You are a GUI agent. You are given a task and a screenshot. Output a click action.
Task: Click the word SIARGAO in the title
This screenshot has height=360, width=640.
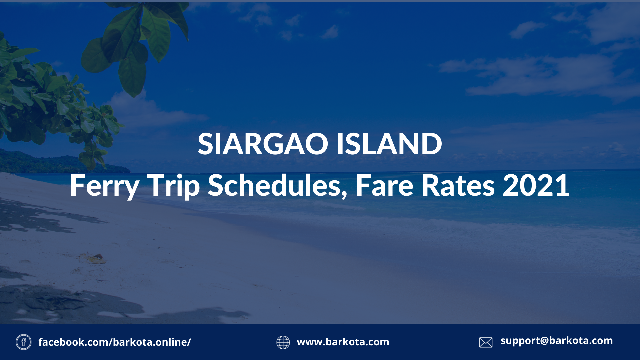[263, 144]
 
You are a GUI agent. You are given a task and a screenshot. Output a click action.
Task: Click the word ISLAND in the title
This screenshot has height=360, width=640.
[389, 144]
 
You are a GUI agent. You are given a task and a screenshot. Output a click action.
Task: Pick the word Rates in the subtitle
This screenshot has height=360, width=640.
[458, 185]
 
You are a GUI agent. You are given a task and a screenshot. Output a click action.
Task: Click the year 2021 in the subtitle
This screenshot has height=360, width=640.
[536, 185]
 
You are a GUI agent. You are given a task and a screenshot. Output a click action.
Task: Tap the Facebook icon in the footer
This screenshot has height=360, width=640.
[24, 342]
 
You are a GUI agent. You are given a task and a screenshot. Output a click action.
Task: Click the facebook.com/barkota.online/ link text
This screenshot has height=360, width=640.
[115, 342]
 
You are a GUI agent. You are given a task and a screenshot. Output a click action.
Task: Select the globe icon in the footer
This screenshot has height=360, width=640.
[283, 342]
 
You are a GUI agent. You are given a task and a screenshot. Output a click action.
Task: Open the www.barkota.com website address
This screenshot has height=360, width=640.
[343, 342]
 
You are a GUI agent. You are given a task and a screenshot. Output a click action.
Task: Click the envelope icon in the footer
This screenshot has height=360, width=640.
[486, 342]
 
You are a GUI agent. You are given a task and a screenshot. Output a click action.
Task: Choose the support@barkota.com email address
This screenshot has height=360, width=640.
[557, 341]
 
